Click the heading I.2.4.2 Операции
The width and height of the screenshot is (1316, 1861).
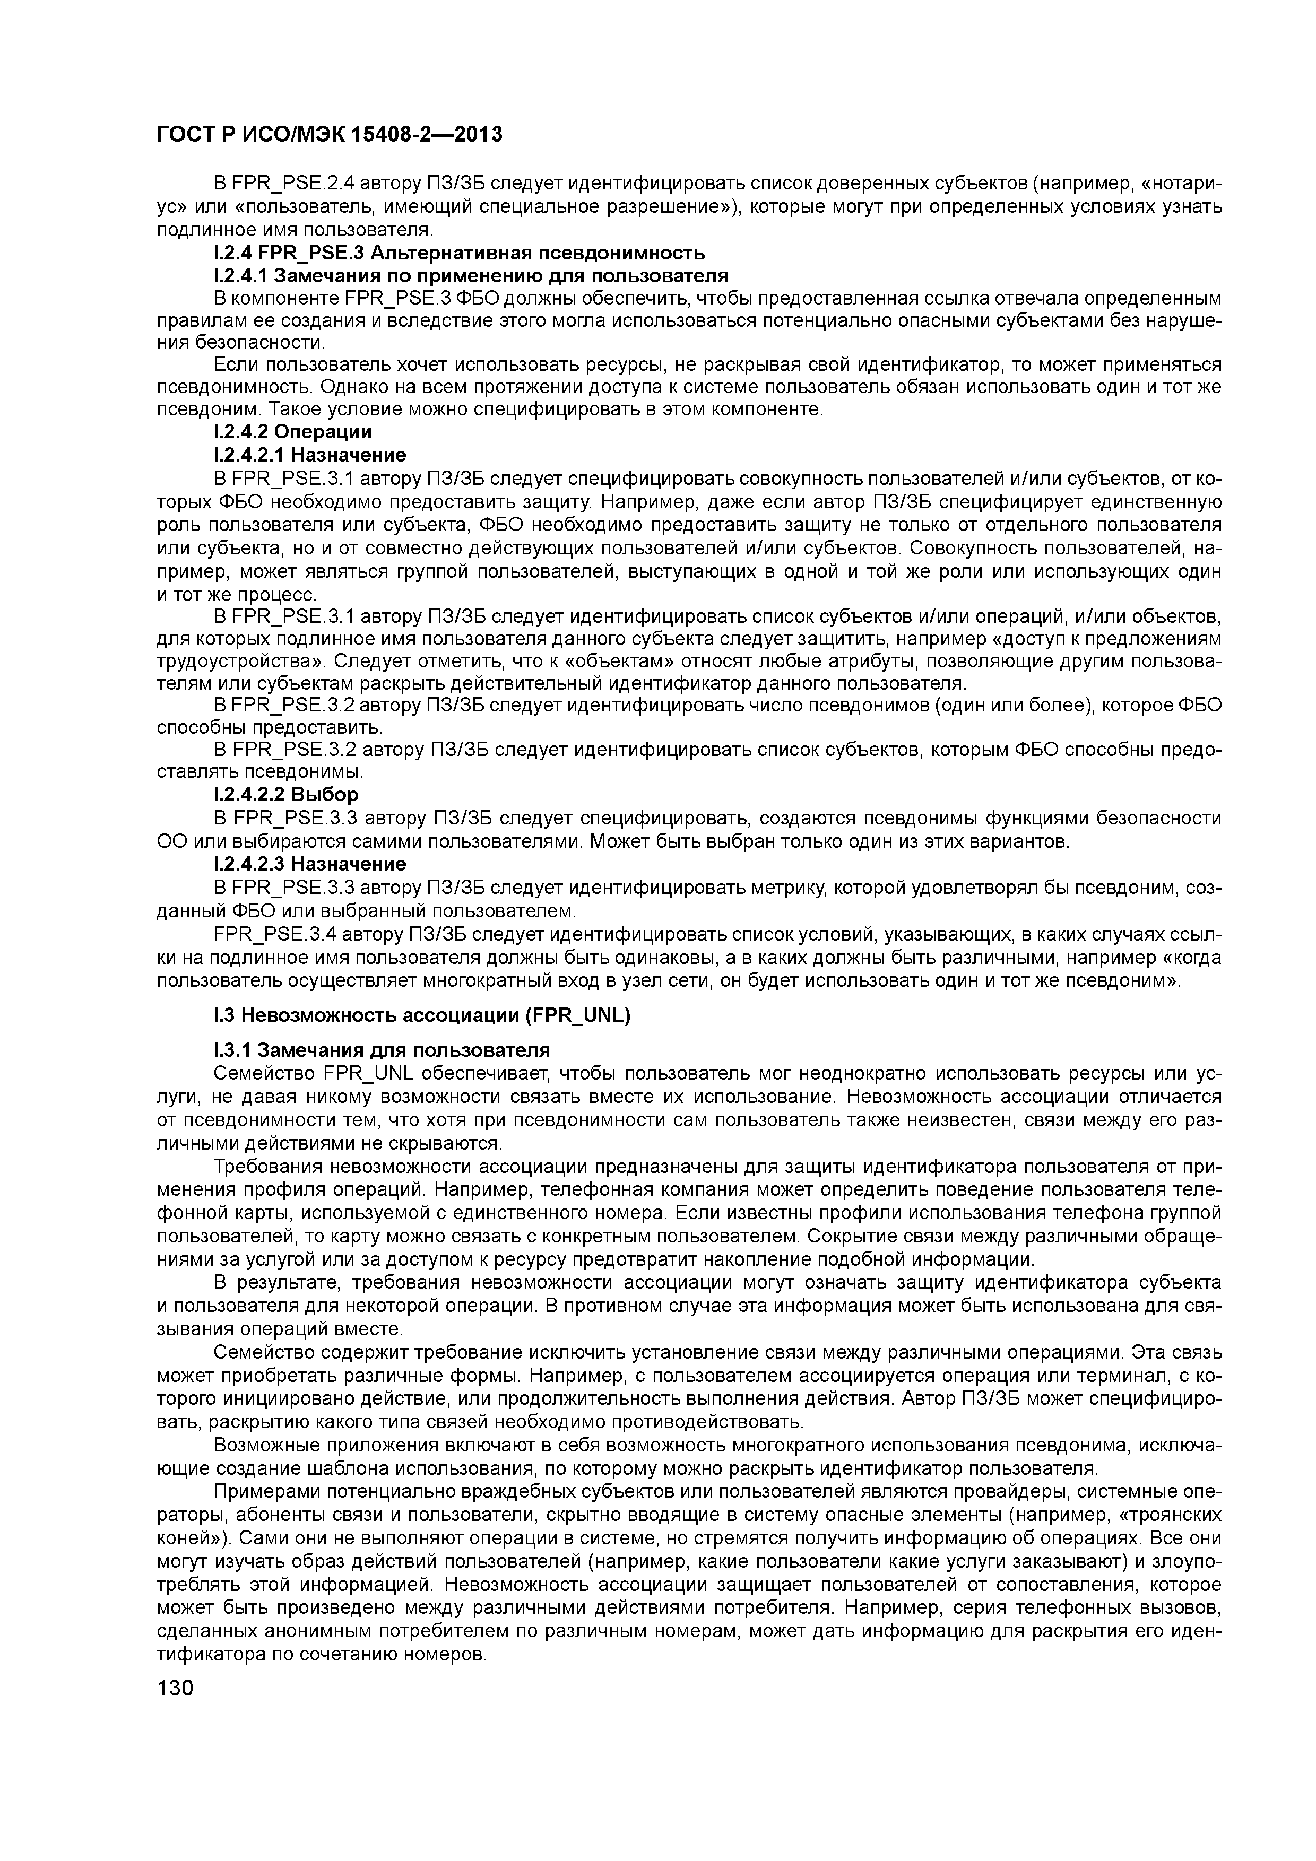coord(292,431)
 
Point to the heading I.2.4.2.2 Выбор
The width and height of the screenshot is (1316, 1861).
coord(285,794)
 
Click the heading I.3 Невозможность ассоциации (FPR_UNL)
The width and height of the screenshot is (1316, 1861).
coord(422,1015)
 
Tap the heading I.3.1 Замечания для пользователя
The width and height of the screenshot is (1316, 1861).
coord(381,1050)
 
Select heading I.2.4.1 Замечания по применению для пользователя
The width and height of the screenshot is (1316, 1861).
coord(470,275)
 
